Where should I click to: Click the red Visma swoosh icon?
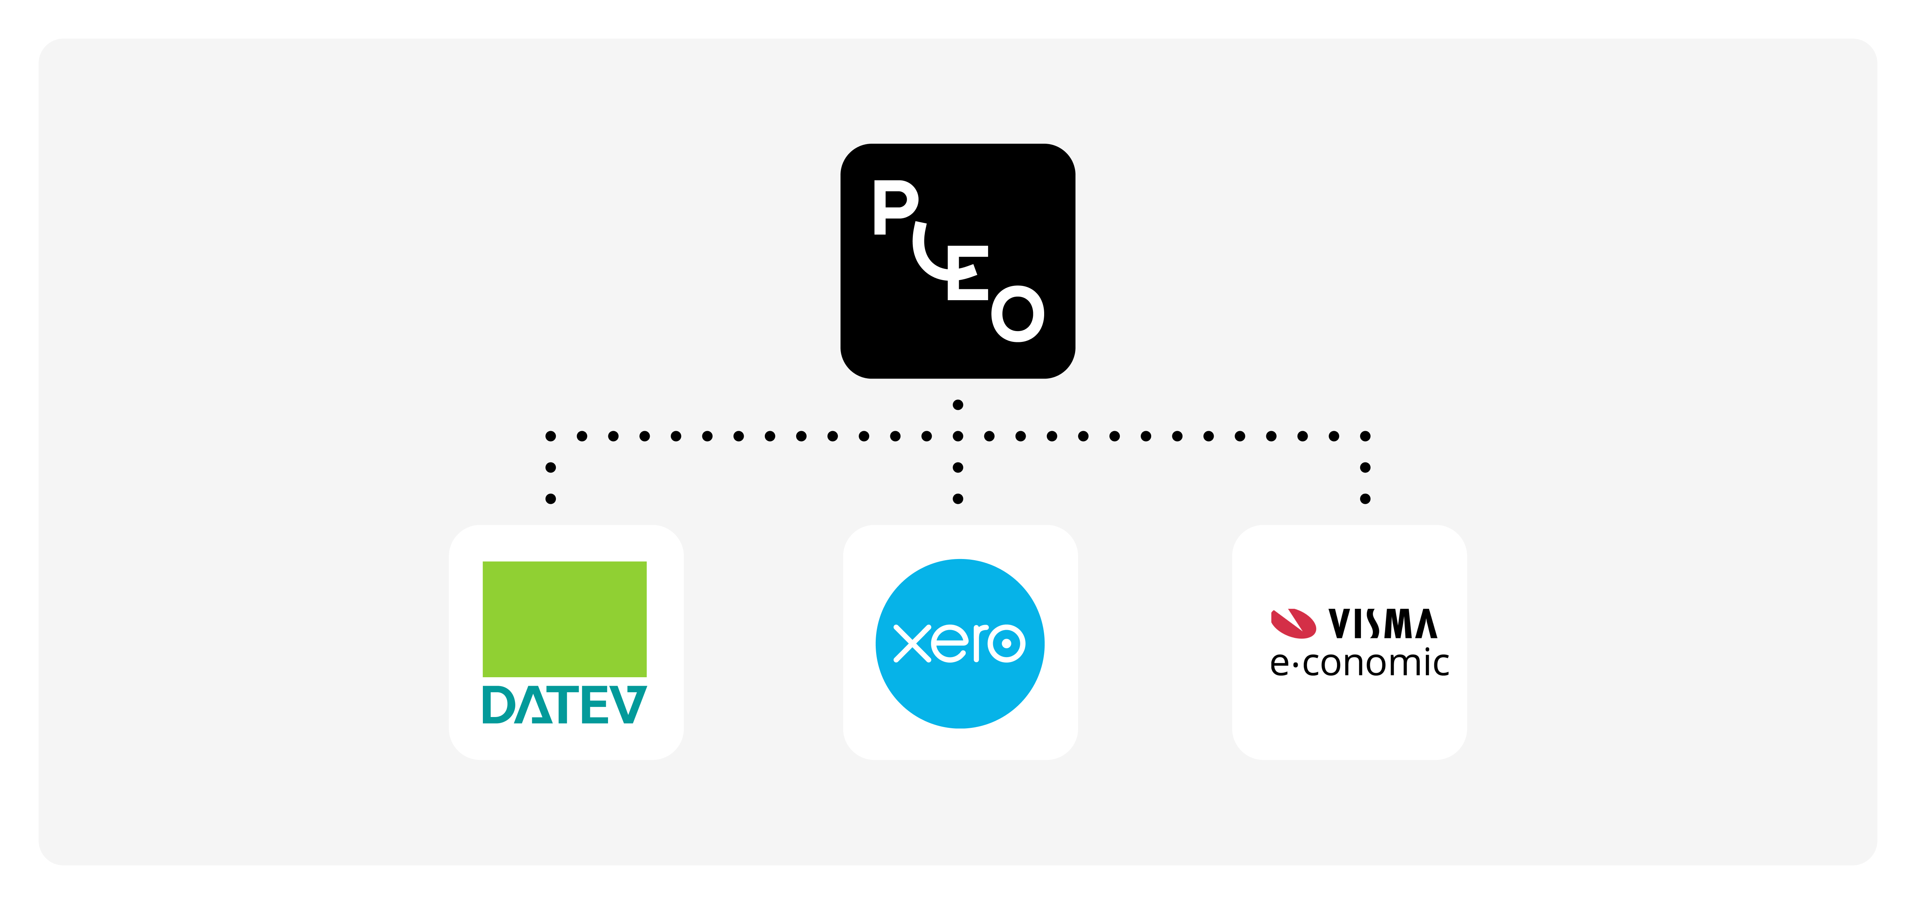pyautogui.click(x=1293, y=624)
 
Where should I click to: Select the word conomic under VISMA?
pyautogui.click(x=1376, y=663)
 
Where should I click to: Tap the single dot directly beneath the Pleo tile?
pyautogui.click(x=958, y=405)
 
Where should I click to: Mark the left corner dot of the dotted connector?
pyautogui.click(x=550, y=436)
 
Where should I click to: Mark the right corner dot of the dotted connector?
pyautogui.click(x=1365, y=436)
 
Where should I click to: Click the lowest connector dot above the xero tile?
pyautogui.click(x=958, y=498)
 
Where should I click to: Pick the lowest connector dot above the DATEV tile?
pyautogui.click(x=550, y=498)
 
